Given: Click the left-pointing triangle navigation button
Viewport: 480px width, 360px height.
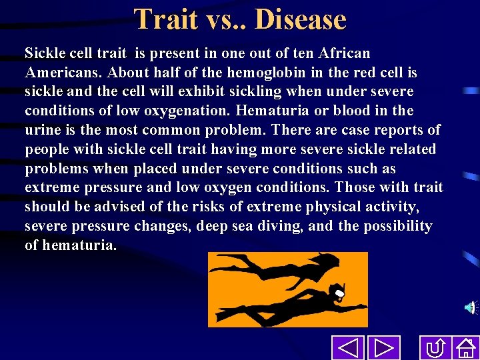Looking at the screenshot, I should [347, 348].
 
